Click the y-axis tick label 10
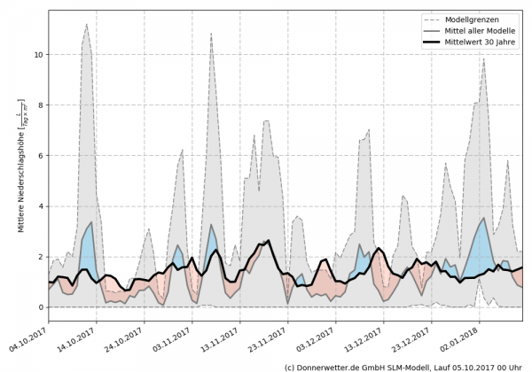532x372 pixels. (35, 55)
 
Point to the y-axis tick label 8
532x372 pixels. (38, 105)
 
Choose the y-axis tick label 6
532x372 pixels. (38, 156)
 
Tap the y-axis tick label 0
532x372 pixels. (38, 307)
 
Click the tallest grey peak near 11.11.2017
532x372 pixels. (211, 35)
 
